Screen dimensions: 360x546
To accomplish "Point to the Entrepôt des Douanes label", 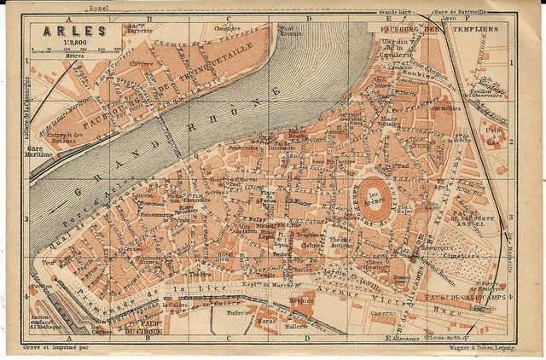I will click(66, 137).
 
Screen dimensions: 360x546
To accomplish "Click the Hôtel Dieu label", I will click(224, 257).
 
